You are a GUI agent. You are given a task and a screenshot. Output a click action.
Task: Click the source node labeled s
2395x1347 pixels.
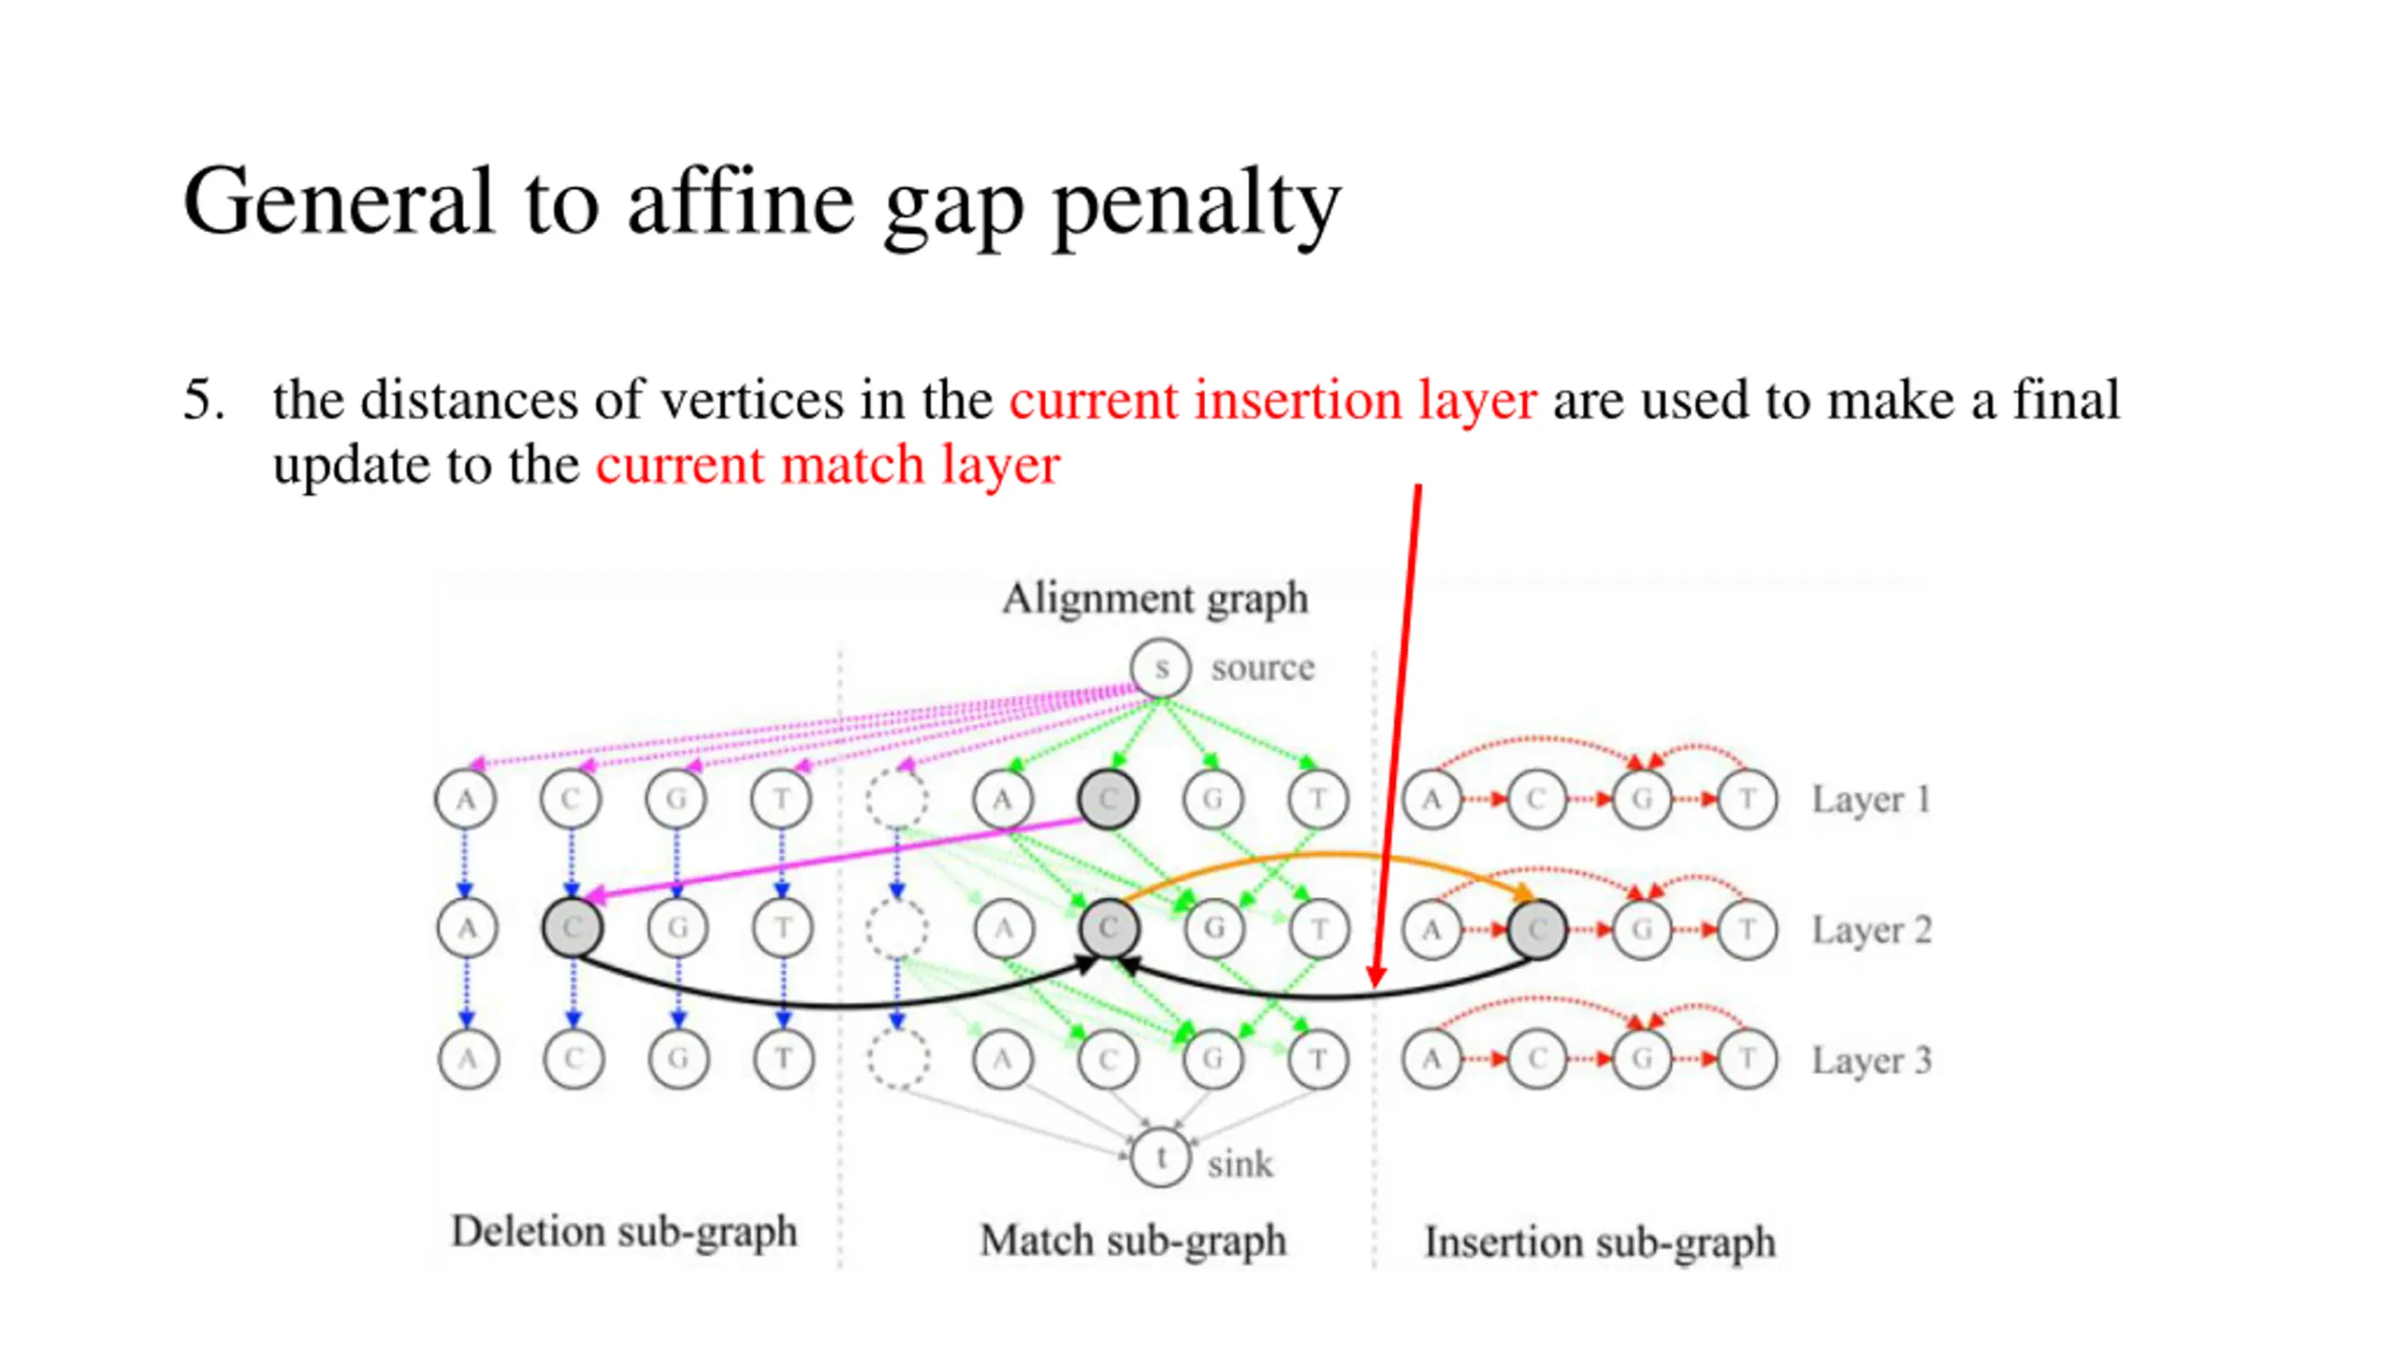point(1160,668)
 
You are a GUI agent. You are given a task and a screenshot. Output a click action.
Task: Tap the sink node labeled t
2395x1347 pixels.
point(1160,1158)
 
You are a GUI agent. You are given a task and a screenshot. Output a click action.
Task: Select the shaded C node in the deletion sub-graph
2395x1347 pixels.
point(573,928)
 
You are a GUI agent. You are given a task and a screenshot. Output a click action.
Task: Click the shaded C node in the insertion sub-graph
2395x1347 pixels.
point(1537,930)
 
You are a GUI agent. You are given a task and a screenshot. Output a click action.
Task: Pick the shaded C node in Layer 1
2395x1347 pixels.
point(1108,800)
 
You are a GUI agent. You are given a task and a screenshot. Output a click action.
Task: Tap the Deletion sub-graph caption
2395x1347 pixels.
point(624,1232)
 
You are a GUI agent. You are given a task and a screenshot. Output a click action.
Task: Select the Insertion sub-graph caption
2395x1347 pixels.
point(1600,1243)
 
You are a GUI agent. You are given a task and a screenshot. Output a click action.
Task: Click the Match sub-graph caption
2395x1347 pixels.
point(1133,1241)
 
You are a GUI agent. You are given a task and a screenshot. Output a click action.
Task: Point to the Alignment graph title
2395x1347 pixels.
point(1154,599)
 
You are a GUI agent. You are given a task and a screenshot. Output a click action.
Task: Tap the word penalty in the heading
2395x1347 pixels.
point(1197,204)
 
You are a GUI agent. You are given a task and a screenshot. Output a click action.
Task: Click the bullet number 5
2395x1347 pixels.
point(203,400)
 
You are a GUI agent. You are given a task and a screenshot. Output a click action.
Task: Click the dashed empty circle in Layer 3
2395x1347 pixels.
point(897,1059)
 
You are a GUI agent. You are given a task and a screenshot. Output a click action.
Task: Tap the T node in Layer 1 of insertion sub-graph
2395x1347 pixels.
point(1747,800)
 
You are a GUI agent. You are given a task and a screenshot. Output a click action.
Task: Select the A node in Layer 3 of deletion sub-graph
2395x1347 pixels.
point(468,1059)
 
